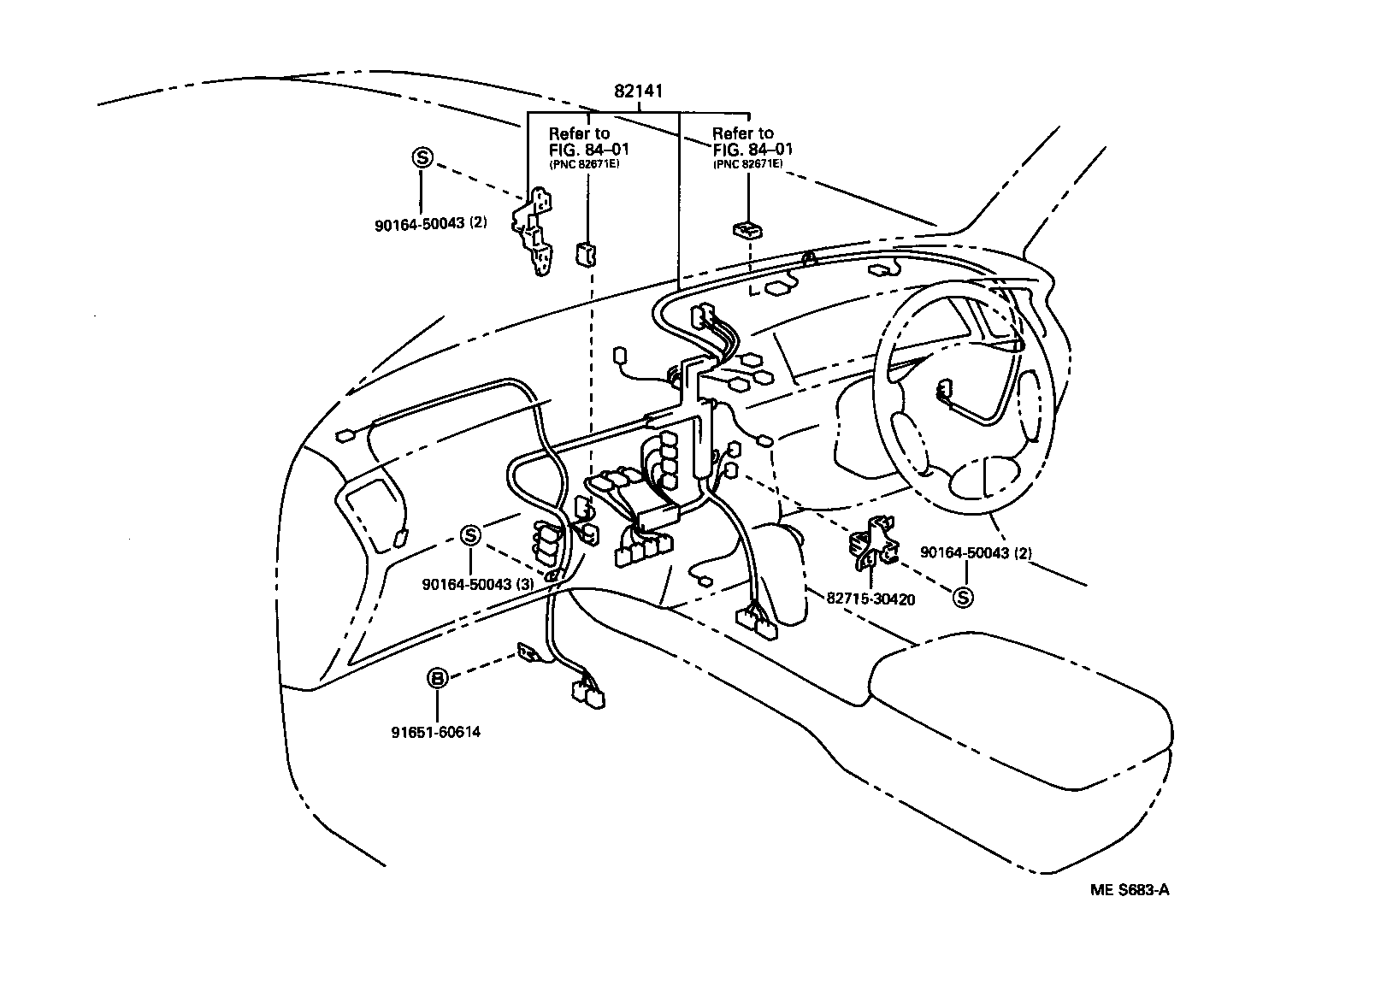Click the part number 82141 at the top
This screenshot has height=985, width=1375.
click(639, 91)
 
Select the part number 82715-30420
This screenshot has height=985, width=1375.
click(870, 599)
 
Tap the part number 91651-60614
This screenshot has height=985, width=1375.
click(436, 732)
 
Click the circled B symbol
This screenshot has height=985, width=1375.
click(437, 678)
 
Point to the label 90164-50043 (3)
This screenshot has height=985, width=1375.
click(477, 584)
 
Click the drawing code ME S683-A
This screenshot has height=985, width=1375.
click(1130, 890)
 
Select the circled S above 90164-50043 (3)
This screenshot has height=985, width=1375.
click(471, 535)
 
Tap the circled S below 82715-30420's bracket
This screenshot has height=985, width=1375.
click(963, 597)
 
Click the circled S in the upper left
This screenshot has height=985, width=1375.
click(422, 157)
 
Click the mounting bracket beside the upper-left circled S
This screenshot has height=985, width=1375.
click(533, 231)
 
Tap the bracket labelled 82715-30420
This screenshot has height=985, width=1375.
click(873, 541)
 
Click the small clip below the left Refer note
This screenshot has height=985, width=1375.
click(587, 254)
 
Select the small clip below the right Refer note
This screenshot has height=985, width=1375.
click(747, 229)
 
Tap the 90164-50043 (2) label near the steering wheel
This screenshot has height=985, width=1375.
click(976, 552)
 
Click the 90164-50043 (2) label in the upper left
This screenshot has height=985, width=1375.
click(431, 223)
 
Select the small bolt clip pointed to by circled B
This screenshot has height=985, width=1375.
click(528, 652)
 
